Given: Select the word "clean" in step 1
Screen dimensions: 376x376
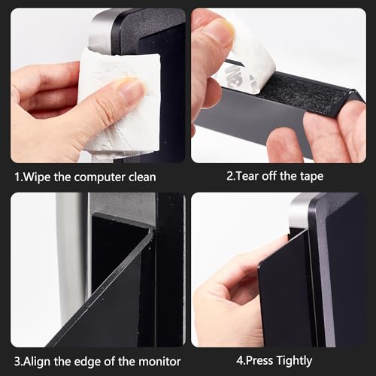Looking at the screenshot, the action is pos(142,177).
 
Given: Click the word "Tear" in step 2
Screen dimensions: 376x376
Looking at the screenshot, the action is pos(247,176).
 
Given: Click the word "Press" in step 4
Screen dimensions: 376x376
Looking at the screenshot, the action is pos(259,360).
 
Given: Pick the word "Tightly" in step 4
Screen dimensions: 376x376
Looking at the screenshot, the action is pos(294,361).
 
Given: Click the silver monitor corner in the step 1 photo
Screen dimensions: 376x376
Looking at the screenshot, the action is pos(100,30).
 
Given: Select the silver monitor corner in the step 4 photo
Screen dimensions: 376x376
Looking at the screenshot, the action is pos(299,211).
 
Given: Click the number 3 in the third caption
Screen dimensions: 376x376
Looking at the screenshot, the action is pos(17,362).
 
